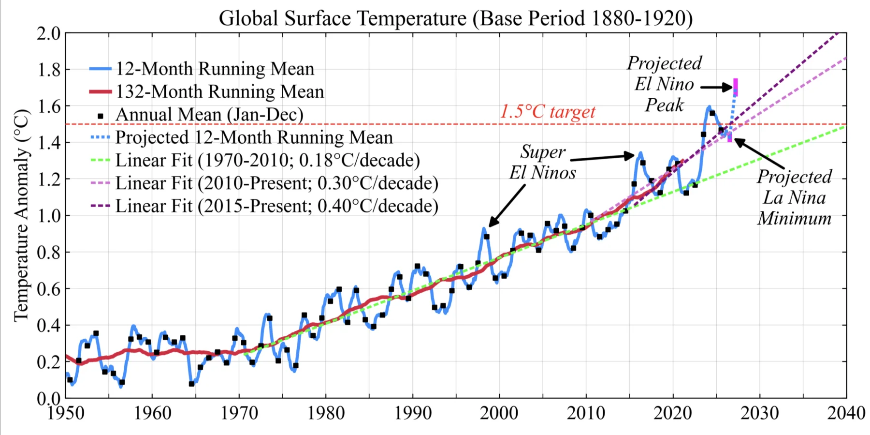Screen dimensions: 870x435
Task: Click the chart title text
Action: pyautogui.click(x=455, y=18)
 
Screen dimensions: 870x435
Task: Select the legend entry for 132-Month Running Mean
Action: pyautogui.click(x=206, y=91)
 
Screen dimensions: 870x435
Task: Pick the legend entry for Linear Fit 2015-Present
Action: pyautogui.click(x=264, y=206)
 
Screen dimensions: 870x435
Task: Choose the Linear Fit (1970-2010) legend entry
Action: pyautogui.click(x=255, y=160)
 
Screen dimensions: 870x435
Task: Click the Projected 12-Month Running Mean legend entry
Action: pyautogui.click(x=241, y=137)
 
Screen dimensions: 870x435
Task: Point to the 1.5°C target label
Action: pyautogui.click(x=548, y=112)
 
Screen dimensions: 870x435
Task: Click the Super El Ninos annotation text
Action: pyautogui.click(x=543, y=162)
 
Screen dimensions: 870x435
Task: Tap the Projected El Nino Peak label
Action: pyautogui.click(x=665, y=84)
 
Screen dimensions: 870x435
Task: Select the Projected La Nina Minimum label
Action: pyautogui.click(x=794, y=197)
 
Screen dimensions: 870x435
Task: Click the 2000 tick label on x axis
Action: pyautogui.click(x=499, y=413)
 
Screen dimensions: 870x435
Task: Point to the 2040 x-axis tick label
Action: pyautogui.click(x=846, y=413)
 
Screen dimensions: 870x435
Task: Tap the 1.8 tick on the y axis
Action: pyautogui.click(x=49, y=70)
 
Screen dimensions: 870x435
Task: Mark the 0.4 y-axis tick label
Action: pyautogui.click(x=49, y=325)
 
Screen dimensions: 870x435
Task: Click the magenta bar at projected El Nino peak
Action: pyautogui.click(x=735, y=87)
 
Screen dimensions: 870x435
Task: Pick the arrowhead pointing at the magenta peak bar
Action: pyautogui.click(x=728, y=88)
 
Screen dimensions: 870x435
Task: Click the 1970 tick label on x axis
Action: pyautogui.click(x=239, y=413)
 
